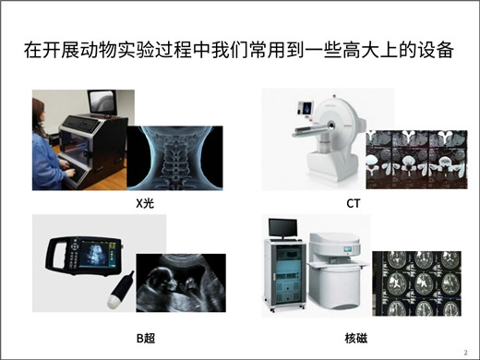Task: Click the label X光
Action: pos(145,203)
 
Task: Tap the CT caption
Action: pos(353,203)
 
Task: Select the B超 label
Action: pos(146,338)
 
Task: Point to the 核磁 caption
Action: pos(356,338)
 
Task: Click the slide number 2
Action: pos(465,353)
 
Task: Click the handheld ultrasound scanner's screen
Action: pos(94,253)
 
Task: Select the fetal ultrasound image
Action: pos(181,283)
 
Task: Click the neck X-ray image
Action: pos(174,158)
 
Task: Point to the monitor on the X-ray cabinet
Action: pos(102,103)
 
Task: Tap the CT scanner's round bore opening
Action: pos(331,126)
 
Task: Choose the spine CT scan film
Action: pos(416,160)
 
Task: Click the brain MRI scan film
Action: pos(416,283)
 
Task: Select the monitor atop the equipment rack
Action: pos(282,228)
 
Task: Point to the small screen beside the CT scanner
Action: pos(305,108)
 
